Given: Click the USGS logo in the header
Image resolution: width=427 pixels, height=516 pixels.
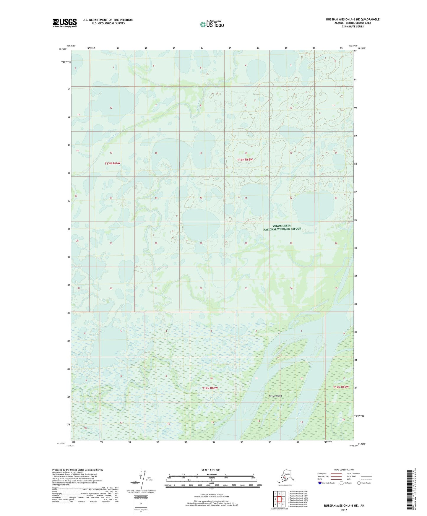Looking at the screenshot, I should click(x=65, y=23).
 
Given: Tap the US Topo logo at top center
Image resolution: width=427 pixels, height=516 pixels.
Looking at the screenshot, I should click(x=212, y=24).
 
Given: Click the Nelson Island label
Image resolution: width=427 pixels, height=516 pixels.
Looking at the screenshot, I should click(x=275, y=396).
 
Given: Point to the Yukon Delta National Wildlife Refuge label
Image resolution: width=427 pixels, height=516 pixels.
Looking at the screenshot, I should click(x=282, y=227).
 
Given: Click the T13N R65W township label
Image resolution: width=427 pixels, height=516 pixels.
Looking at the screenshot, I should click(x=245, y=160).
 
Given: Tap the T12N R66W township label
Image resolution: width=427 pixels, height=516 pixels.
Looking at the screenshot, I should click(x=210, y=388).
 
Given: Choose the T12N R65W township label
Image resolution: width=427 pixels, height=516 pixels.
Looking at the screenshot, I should click(x=341, y=387).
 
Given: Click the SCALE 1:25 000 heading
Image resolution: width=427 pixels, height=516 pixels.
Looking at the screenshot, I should click(x=211, y=470).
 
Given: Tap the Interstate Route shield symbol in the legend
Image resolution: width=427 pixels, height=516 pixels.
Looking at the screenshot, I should click(x=321, y=483).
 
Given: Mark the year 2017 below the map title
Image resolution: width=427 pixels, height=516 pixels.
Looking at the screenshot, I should click(x=344, y=510).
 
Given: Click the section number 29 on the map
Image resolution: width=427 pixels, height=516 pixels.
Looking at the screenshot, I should click(x=201, y=243).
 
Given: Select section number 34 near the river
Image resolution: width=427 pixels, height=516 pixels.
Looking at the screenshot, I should click(x=291, y=288).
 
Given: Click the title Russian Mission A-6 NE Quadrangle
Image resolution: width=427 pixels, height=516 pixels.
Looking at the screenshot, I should click(x=353, y=20).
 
